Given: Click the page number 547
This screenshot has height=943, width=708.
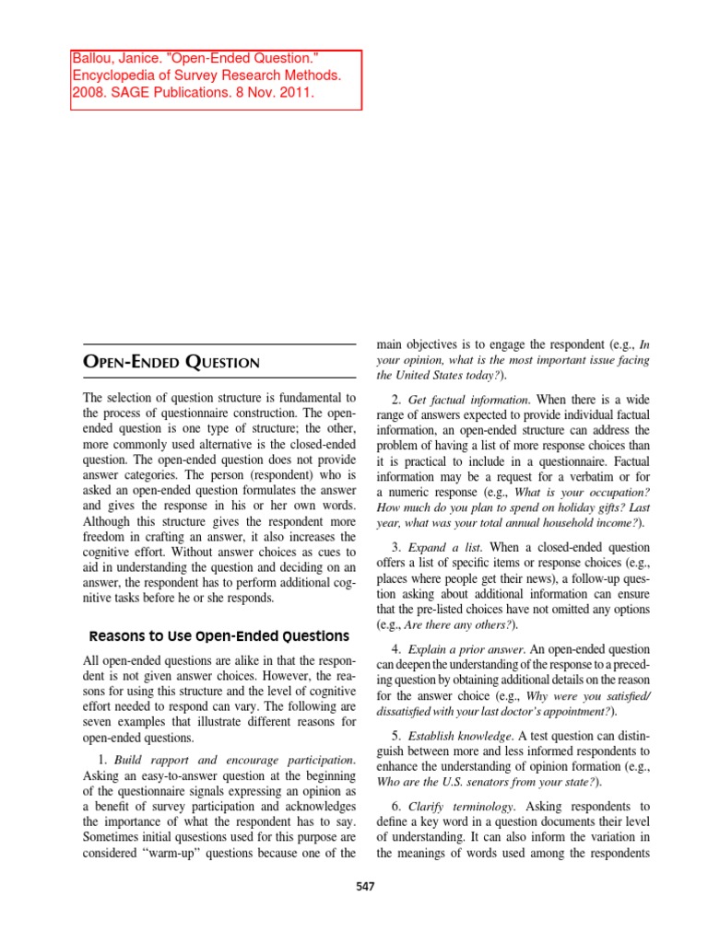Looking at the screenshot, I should tap(366, 886).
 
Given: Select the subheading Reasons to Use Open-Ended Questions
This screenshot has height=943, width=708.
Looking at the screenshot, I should tap(219, 635).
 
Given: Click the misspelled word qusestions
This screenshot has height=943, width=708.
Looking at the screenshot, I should tap(195, 836).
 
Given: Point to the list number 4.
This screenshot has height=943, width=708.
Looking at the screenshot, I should tap(395, 650).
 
